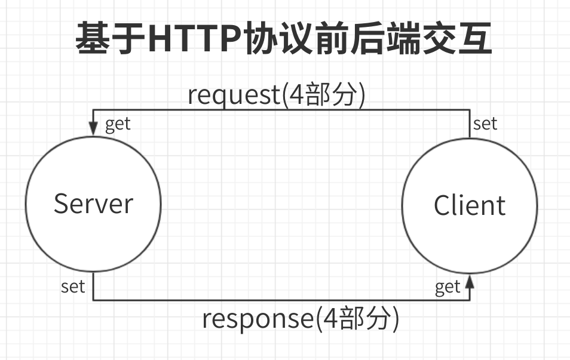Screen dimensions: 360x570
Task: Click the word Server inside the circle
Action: click(x=93, y=204)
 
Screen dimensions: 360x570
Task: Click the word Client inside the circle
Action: click(x=469, y=206)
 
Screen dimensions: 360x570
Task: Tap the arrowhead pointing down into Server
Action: click(x=93, y=128)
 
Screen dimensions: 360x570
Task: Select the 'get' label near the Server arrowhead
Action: click(x=118, y=125)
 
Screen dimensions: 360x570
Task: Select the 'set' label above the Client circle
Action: click(x=485, y=124)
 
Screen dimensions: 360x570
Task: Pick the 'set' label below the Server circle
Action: click(x=73, y=287)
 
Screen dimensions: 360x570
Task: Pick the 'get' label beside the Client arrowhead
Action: click(x=448, y=287)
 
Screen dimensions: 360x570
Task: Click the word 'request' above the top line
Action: click(x=233, y=95)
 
